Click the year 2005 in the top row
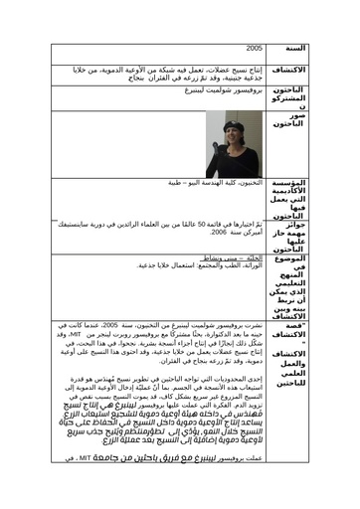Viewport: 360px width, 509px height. point(256,47)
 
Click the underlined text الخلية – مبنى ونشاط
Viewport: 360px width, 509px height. point(239,255)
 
